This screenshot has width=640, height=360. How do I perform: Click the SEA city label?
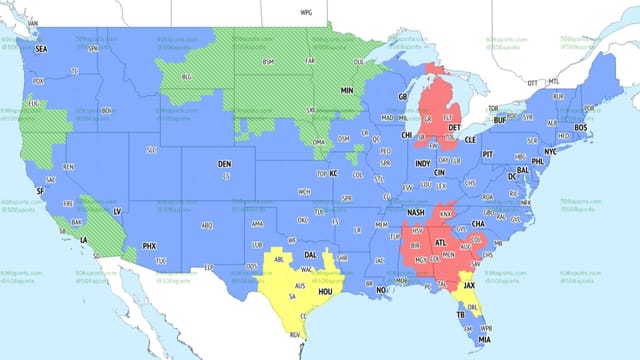tap(41, 47)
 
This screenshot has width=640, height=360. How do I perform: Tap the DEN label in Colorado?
tap(225, 163)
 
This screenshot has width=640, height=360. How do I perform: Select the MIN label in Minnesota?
tap(348, 90)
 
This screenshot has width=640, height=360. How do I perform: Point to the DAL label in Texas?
tap(311, 254)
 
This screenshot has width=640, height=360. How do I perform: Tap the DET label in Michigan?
tap(455, 128)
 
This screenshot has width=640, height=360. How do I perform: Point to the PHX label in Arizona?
tap(149, 245)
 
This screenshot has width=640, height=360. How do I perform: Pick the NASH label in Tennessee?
tap(415, 212)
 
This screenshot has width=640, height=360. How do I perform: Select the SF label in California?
tap(40, 191)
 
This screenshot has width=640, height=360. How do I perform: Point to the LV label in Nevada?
tap(118, 212)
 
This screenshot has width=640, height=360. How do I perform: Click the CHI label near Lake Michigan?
tap(407, 135)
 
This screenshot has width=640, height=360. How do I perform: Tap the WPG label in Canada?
tap(306, 13)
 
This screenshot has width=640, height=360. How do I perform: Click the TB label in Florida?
tap(462, 315)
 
